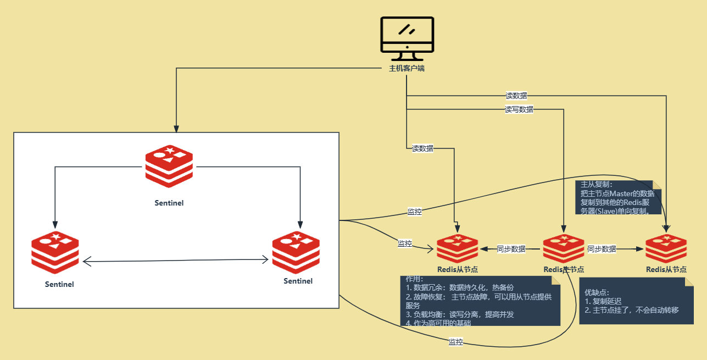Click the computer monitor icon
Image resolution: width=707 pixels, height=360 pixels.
coord(407,38)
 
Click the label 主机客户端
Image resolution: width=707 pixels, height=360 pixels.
coord(407,69)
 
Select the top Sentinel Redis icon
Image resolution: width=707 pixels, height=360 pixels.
coord(169,167)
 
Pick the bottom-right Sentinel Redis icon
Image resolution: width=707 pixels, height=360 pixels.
coord(296,252)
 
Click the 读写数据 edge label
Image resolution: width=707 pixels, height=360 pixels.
coord(519,109)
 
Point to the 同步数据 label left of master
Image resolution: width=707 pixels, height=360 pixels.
coord(511,249)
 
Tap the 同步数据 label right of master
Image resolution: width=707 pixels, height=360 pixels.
coord(602,249)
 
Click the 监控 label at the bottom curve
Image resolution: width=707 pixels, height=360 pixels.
coord(456,342)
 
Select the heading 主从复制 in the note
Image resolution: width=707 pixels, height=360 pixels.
coord(596,185)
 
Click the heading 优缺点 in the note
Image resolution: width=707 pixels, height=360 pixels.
coord(597,292)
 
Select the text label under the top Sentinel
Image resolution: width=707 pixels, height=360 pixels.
coord(169,203)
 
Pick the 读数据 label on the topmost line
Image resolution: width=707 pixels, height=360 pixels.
coord(516,96)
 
